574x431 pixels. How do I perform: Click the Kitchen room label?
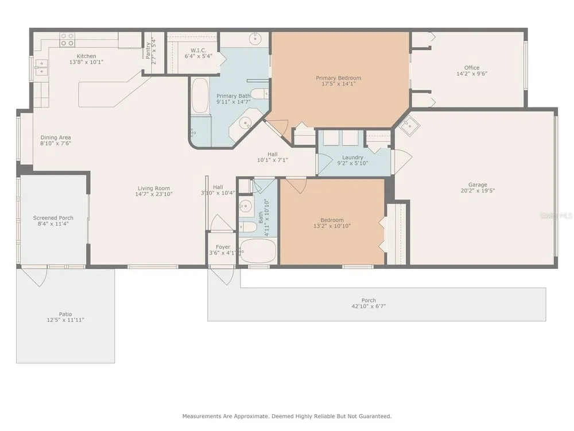click(87, 56)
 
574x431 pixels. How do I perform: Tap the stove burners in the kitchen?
click(67, 40)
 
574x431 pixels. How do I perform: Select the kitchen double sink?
click(41, 67)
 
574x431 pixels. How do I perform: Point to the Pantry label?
click(148, 51)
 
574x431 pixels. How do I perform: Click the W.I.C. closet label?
click(199, 50)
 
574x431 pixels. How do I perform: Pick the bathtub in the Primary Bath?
click(200, 95)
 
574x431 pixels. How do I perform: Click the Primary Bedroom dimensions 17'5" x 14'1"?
click(339, 84)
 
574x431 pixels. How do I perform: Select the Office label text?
click(472, 68)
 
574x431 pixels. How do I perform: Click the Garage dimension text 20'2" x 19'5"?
click(478, 191)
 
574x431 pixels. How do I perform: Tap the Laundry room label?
click(352, 157)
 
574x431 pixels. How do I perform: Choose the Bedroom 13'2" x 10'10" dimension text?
click(332, 226)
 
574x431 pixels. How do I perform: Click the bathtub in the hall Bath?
click(258, 251)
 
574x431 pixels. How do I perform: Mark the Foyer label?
click(223, 247)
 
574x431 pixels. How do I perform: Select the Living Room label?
click(154, 188)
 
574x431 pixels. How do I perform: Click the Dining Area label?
click(56, 137)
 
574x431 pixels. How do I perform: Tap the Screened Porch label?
click(53, 218)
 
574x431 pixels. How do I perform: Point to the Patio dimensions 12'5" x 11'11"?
click(65, 320)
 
